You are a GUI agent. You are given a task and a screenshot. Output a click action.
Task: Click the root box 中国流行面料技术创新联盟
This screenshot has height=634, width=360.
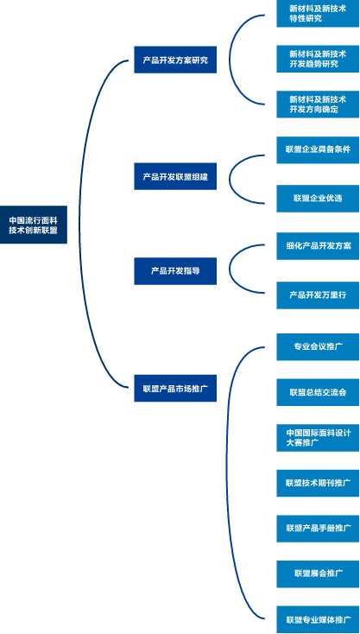(x=34, y=225)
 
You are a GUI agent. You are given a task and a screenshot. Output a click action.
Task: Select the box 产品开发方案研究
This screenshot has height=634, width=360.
(x=175, y=60)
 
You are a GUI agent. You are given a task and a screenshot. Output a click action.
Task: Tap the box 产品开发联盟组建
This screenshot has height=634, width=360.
(x=175, y=176)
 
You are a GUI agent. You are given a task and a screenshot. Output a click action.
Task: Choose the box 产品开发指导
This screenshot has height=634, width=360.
(x=175, y=271)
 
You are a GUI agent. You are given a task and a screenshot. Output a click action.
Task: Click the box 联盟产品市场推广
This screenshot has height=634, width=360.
(x=175, y=388)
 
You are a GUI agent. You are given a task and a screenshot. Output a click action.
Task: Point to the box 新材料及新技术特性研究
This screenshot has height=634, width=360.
(x=318, y=13)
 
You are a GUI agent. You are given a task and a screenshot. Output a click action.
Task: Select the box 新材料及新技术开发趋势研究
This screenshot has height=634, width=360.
(x=318, y=59)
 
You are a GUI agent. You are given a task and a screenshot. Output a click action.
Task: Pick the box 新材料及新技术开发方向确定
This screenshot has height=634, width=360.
(x=318, y=105)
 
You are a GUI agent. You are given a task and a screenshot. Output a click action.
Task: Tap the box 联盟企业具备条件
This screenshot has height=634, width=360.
(x=318, y=150)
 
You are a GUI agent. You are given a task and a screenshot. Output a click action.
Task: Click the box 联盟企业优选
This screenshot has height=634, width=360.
(x=318, y=199)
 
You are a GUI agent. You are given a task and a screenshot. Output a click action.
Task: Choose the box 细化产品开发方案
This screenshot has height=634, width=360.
(x=318, y=246)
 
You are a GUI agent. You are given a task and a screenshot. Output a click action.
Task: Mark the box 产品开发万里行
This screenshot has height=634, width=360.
(x=318, y=295)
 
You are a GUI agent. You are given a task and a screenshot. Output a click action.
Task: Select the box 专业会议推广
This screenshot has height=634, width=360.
(x=318, y=347)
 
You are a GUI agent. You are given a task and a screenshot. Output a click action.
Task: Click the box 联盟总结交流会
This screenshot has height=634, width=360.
(x=318, y=392)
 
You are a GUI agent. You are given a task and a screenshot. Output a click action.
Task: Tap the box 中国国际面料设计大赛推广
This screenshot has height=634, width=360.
(x=318, y=438)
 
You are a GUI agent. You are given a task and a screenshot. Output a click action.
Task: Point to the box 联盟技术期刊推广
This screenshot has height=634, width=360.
(x=318, y=483)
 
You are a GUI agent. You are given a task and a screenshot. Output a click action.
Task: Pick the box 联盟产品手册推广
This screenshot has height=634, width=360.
(x=318, y=529)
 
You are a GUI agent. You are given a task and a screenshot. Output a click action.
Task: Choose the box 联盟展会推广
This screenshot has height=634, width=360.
(x=318, y=574)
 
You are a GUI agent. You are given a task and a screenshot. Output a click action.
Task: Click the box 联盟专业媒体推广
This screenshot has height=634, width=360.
(x=318, y=619)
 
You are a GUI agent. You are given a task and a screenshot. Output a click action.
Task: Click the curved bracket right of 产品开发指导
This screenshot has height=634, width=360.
(x=230, y=269)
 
